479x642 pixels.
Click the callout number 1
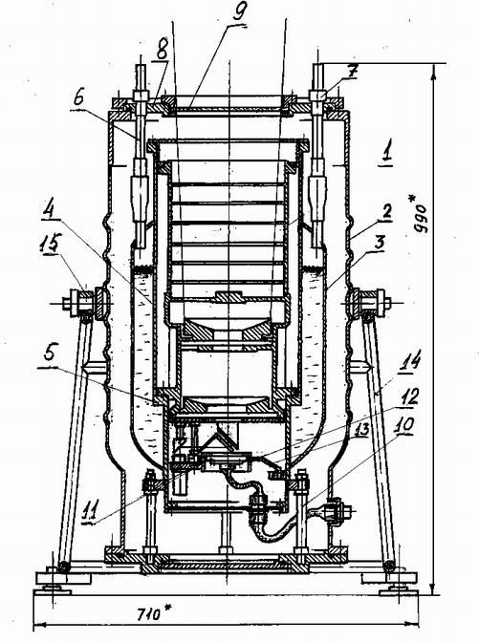coord(387,152)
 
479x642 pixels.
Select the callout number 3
coord(379,243)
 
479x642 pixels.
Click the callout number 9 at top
coord(238,12)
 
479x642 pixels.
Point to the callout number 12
coord(409,397)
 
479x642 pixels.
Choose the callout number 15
coord(51,244)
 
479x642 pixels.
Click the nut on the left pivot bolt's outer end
coord(67,304)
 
